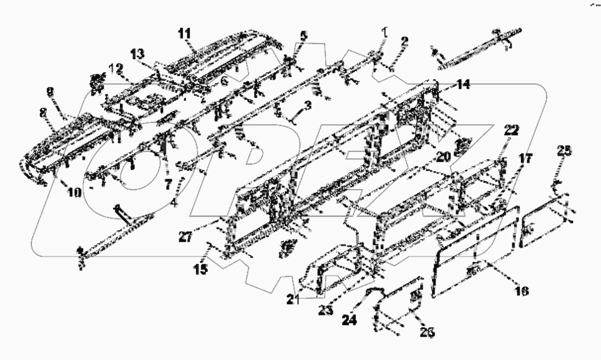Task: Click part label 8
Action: (x=43, y=112)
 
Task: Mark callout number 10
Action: (x=74, y=191)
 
